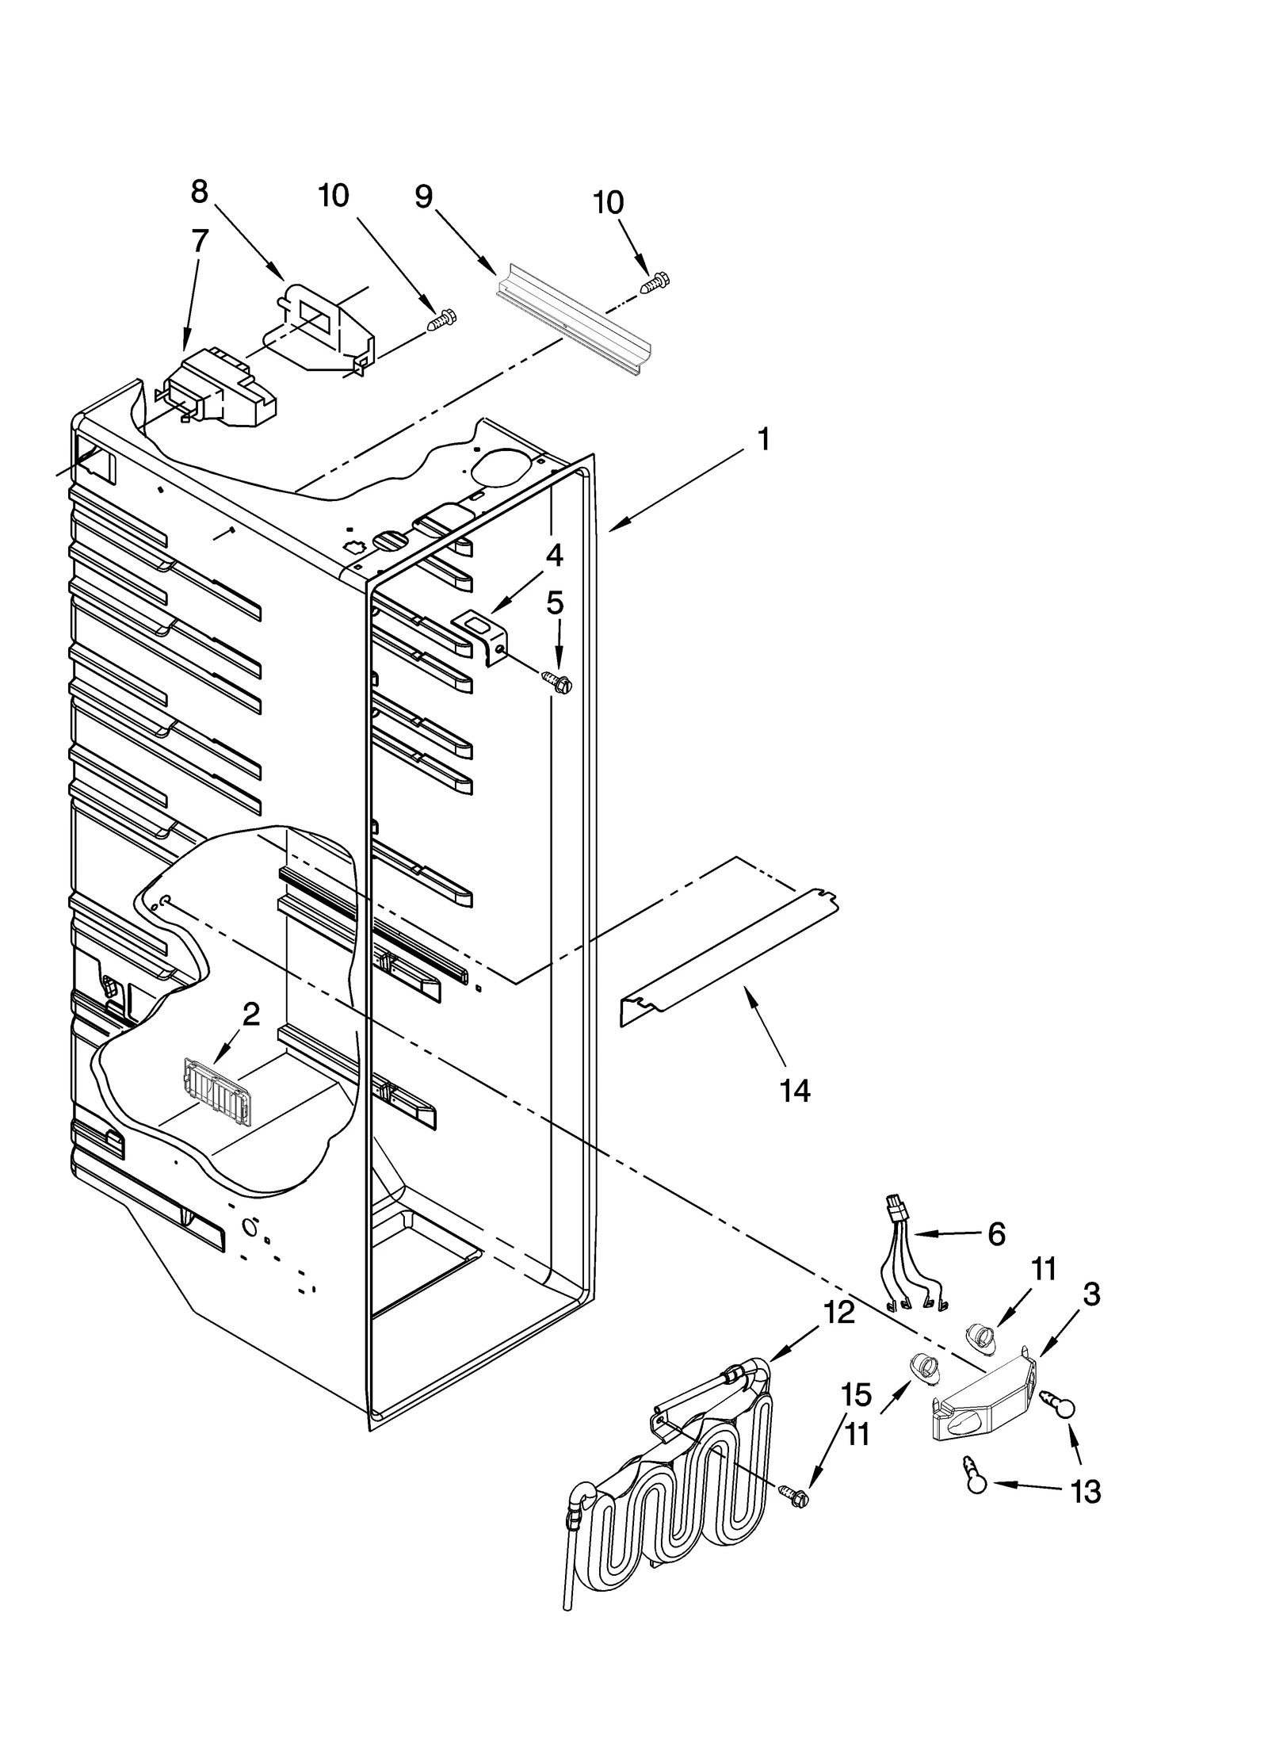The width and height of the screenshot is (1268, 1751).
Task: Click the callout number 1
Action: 762,438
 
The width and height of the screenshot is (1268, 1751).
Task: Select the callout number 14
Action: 794,1092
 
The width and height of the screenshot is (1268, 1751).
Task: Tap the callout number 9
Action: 424,196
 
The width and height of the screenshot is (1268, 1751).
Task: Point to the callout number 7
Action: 200,240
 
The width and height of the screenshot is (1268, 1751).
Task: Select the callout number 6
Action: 996,1234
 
